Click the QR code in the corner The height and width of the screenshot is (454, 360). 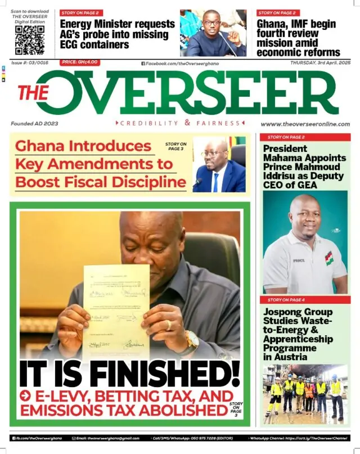[x=29, y=40]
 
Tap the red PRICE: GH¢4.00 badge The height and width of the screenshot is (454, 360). [x=80, y=62]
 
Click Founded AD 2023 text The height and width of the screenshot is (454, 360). [x=34, y=124]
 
